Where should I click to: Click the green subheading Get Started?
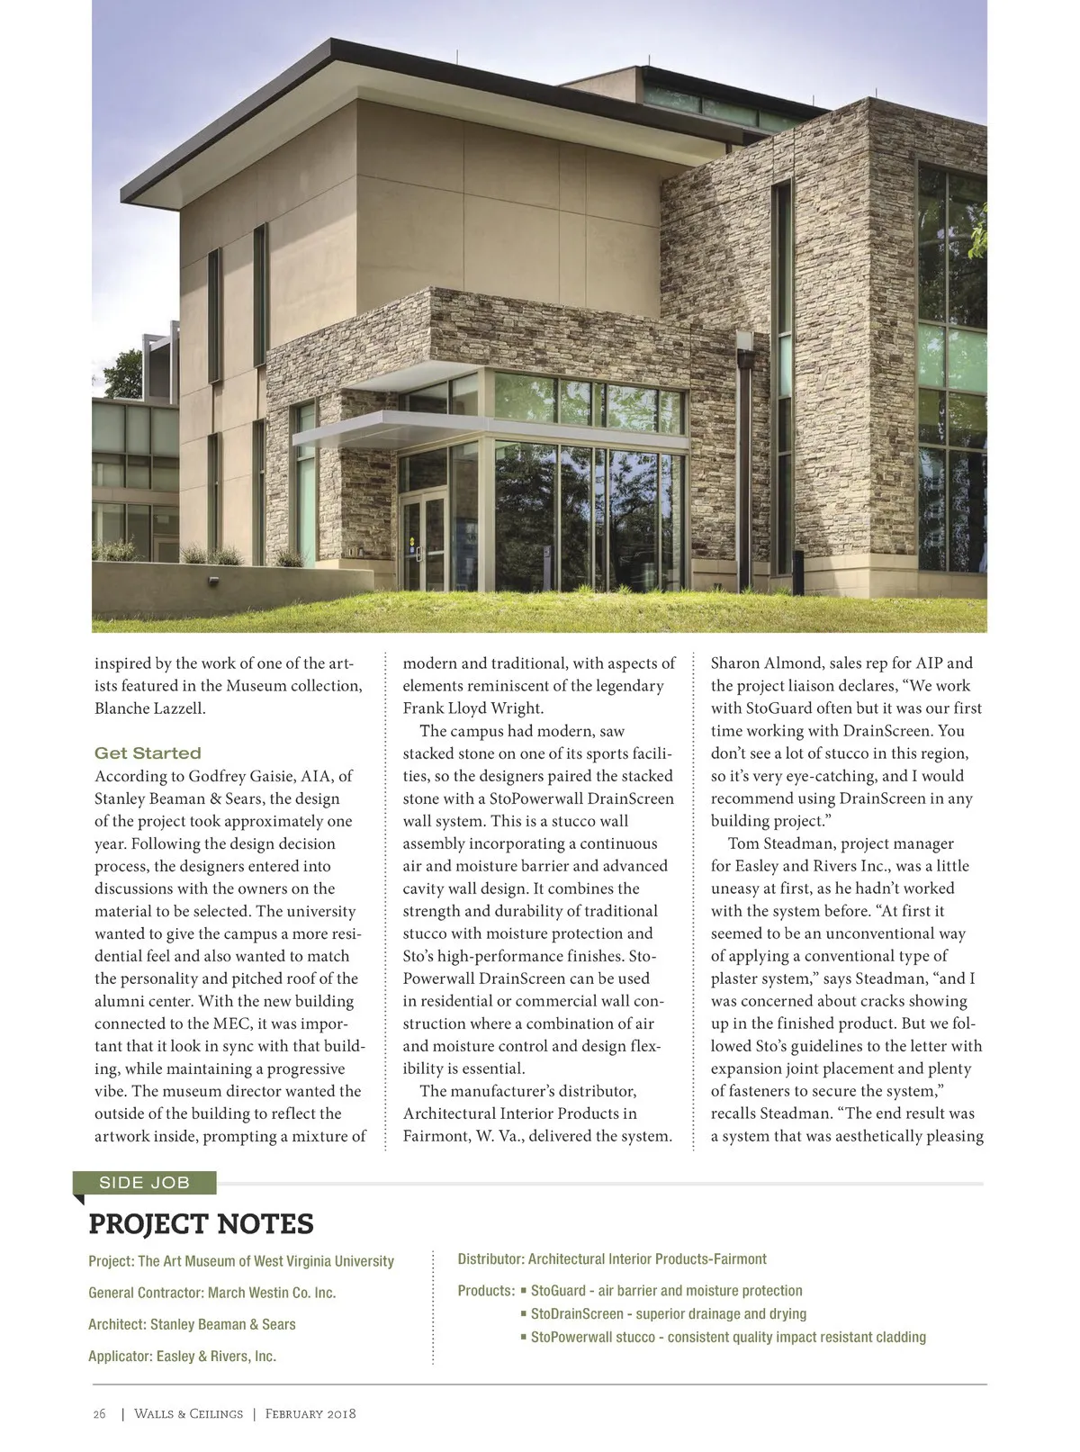pos(148,753)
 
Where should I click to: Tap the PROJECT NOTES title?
pos(201,1224)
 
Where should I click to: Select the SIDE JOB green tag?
pos(144,1183)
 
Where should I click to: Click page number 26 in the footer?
pos(99,1413)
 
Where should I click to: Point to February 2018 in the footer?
pos(310,1413)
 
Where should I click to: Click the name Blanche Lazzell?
pos(150,708)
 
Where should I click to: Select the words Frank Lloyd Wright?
pos(473,708)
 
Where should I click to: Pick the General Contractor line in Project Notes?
pos(211,1293)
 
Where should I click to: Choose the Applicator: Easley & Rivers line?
pos(182,1356)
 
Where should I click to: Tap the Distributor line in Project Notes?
pos(612,1259)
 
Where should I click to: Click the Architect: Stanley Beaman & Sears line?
pos(192,1324)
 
